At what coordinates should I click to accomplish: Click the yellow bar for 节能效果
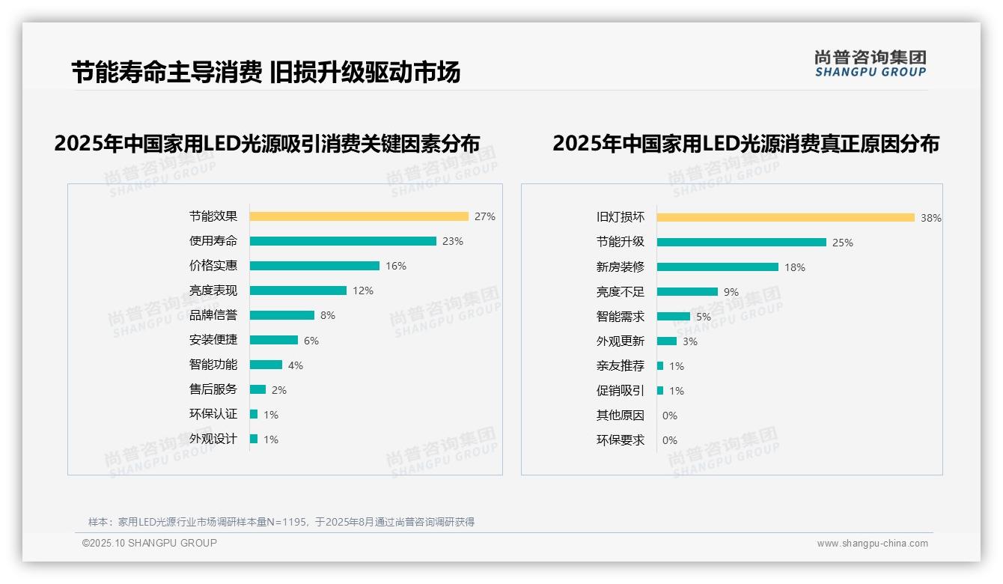pos(359,216)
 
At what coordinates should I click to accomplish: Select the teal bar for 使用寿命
pos(343,241)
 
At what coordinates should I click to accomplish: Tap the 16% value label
pos(396,266)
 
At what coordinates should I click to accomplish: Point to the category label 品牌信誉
pos(213,315)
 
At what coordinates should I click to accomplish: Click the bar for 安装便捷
pos(273,340)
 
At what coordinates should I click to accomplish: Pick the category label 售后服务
pos(213,389)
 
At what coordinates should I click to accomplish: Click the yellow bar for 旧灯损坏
pos(785,218)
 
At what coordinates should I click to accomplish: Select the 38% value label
pos(930,218)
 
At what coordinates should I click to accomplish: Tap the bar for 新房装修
pos(717,267)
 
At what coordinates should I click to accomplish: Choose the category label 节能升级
pos(620,242)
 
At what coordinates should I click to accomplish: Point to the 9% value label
pos(731,292)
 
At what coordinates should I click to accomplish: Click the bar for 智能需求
pos(673,317)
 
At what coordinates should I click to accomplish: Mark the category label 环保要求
pos(620,440)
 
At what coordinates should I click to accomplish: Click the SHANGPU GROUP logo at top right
pos(870,64)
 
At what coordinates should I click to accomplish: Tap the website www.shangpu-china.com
pos(872,544)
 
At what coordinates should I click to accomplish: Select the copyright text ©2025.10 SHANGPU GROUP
pos(150,543)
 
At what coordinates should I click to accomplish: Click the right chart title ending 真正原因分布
pos(746,143)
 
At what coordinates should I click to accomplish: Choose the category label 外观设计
pos(213,439)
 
